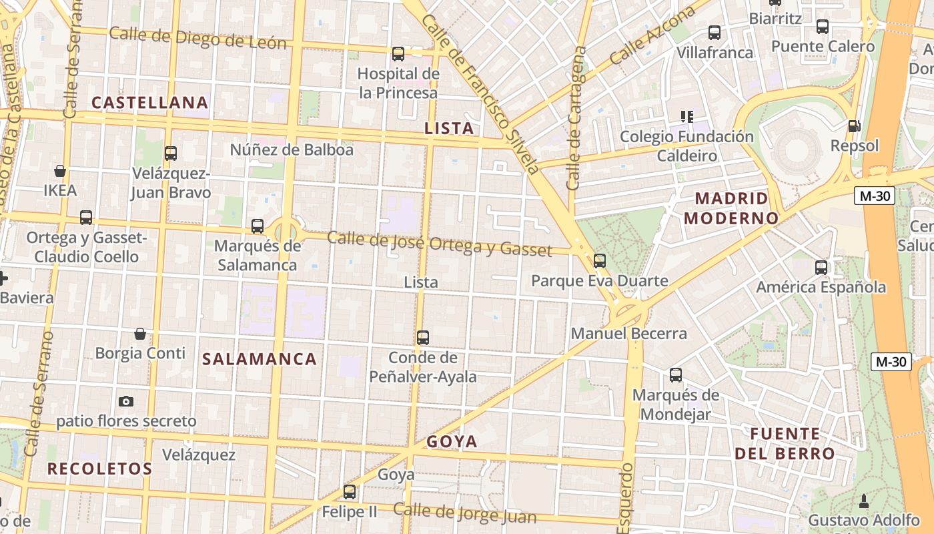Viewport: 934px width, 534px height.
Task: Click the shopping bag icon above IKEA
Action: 60,171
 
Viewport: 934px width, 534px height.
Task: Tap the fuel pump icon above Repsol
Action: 853,125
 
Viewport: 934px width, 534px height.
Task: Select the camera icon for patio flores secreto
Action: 126,401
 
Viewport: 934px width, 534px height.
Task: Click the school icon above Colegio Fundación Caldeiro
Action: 686,117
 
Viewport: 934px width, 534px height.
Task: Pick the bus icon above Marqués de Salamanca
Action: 258,226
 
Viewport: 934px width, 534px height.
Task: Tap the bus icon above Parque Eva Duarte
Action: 600,261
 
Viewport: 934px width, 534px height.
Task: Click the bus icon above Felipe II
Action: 350,493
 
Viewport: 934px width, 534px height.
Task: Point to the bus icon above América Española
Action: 821,268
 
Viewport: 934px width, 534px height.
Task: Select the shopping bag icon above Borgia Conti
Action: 140,333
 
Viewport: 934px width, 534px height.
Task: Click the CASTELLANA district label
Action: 150,102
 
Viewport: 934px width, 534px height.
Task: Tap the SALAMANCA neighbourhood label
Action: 260,359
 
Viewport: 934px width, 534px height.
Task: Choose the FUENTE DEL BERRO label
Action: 785,444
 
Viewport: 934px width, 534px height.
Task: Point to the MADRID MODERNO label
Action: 731,208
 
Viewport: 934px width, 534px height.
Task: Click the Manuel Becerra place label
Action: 628,333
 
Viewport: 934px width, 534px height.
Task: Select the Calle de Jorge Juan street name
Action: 464,513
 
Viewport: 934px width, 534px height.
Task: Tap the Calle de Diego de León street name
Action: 197,38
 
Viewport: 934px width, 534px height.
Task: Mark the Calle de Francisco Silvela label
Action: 480,93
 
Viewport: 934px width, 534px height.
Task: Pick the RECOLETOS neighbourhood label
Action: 100,469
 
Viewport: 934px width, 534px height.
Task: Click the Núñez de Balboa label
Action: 292,150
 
